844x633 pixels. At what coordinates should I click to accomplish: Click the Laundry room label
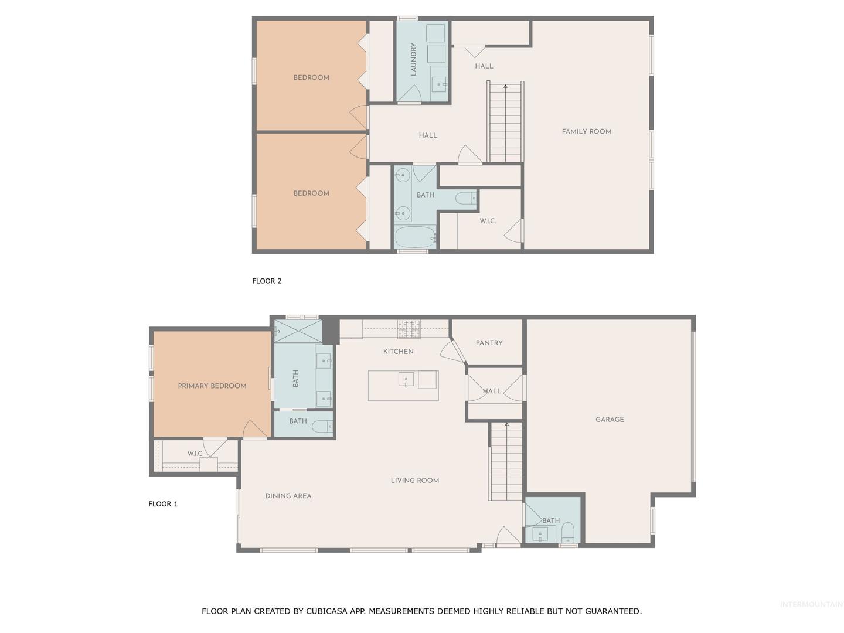pos(414,59)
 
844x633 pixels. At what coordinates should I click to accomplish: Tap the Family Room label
pos(586,131)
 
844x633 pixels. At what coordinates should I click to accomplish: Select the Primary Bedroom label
pos(212,386)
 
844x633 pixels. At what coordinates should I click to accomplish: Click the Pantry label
pos(489,343)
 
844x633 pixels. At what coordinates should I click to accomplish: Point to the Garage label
pos(610,419)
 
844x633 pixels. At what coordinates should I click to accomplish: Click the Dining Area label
pos(288,496)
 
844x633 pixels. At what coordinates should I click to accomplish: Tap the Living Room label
pos(415,481)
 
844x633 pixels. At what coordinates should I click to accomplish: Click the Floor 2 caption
pos(267,281)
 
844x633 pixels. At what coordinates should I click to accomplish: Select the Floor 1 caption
pos(163,504)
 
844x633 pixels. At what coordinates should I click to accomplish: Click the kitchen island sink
pos(406,380)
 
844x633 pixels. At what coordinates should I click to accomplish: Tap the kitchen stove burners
pos(409,329)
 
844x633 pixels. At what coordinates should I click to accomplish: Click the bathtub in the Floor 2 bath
pos(415,237)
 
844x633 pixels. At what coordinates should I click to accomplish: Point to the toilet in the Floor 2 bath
pos(465,198)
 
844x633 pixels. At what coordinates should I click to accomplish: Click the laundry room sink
pos(439,84)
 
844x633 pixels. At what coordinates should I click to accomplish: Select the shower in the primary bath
pos(298,331)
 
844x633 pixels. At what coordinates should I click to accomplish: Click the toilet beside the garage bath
pos(567,533)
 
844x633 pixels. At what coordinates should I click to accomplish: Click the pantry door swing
pos(452,350)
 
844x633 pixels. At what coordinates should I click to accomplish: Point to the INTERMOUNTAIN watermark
pos(811,604)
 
